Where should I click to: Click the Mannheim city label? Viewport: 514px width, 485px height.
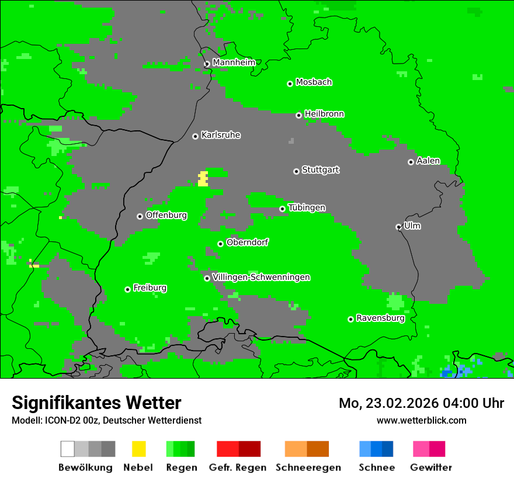[234, 63]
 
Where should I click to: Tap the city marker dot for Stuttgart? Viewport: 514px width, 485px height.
[296, 171]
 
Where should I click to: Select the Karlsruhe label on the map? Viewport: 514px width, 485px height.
[220, 135]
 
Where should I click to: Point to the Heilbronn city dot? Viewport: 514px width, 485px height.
[298, 115]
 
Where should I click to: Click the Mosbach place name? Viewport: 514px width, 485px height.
[314, 82]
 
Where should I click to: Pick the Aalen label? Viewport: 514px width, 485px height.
[428, 161]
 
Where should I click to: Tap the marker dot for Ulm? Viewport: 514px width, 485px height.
[398, 227]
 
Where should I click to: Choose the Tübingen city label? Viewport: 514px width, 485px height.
[307, 208]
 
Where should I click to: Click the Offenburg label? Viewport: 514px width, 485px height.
[166, 215]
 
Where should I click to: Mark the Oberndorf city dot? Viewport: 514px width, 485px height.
[220, 244]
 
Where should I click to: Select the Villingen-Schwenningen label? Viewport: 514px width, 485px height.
[261, 277]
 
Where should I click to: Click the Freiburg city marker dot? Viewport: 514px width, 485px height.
[127, 289]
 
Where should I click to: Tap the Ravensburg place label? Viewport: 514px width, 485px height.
[380, 318]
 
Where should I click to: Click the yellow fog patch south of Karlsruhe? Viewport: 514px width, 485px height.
[203, 179]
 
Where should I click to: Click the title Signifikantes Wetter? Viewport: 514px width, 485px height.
[96, 403]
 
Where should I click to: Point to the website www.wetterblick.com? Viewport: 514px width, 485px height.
[421, 420]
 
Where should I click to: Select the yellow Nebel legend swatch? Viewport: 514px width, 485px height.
[138, 449]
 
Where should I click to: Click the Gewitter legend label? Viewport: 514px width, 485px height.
[430, 467]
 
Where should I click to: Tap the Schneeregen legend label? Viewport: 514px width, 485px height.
[308, 467]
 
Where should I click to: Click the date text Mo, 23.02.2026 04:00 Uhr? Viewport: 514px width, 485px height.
[421, 403]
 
